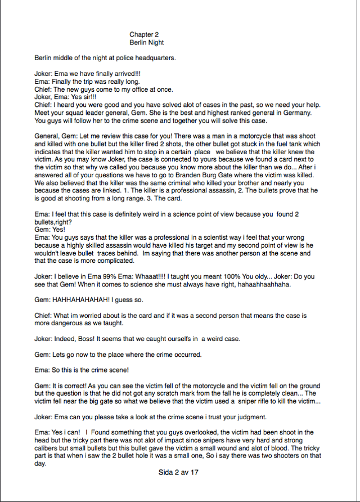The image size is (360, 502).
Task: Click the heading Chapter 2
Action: pyautogui.click(x=144, y=35)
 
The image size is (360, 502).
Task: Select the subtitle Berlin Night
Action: pyautogui.click(x=147, y=43)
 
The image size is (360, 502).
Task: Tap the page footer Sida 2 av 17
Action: pyautogui.click(x=179, y=473)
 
